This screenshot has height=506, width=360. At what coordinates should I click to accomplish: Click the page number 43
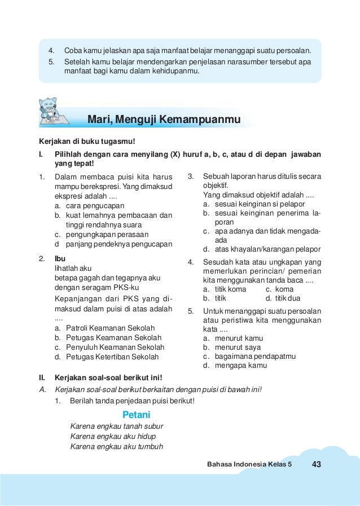click(315, 464)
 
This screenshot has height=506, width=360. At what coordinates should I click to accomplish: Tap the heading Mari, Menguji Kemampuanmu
click(164, 120)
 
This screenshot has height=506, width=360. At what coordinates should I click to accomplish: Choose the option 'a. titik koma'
click(225, 289)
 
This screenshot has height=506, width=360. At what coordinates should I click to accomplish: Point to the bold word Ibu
click(60, 259)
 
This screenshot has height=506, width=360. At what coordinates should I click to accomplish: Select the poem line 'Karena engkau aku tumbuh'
click(116, 447)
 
